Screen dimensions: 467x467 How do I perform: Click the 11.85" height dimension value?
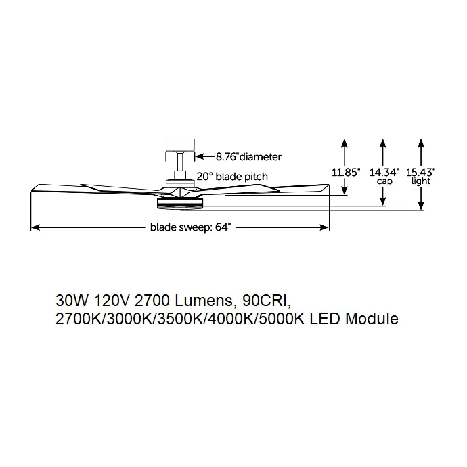click(346, 172)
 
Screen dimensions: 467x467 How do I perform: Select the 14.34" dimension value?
click(384, 172)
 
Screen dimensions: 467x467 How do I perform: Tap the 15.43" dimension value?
click(421, 172)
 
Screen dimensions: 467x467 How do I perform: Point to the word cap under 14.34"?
click(384, 181)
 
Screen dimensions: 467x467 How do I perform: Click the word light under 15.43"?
click(421, 181)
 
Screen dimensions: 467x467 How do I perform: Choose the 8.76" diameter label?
click(248, 156)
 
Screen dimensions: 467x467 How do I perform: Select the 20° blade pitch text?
click(232, 177)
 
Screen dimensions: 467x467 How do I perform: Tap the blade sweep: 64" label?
click(191, 227)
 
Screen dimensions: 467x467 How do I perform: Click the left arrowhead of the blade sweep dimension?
click(35, 228)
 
